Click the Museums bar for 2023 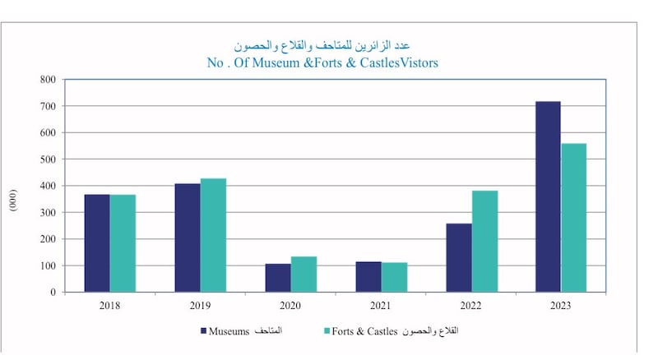click(x=548, y=196)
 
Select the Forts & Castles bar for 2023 click(x=573, y=218)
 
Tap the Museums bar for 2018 click(x=96, y=243)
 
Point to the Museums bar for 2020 click(x=278, y=278)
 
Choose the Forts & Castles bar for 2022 click(x=484, y=242)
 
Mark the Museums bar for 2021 click(x=368, y=277)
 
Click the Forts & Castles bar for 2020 click(x=304, y=275)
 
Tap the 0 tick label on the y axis click(x=52, y=293)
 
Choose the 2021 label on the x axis click(x=381, y=306)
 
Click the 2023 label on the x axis click(x=561, y=306)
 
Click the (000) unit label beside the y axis click(x=14, y=204)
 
